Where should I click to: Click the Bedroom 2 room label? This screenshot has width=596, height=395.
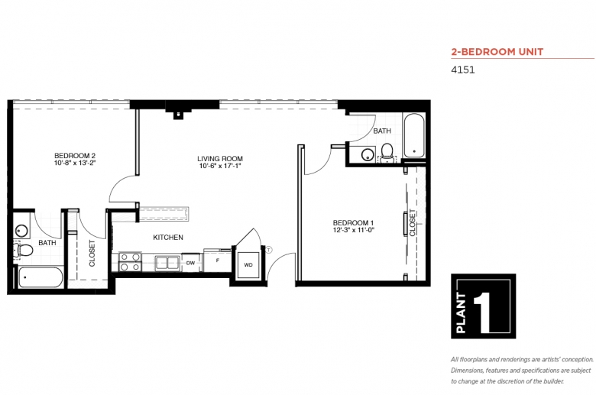(x=75, y=156)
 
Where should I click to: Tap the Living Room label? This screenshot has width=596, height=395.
(x=220, y=158)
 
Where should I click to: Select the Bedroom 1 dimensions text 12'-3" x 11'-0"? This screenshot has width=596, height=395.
(x=354, y=230)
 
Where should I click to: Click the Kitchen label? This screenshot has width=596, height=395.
(x=168, y=237)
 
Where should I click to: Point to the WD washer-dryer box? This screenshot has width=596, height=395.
(x=248, y=264)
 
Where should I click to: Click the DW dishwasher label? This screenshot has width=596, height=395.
(x=190, y=263)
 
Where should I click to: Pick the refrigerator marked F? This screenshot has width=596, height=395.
(x=218, y=261)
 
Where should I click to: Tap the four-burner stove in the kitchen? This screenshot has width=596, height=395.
(x=130, y=262)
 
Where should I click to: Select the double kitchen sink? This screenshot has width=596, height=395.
(x=167, y=263)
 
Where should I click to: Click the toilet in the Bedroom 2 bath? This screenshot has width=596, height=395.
(x=23, y=250)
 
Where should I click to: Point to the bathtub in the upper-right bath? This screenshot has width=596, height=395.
(x=413, y=135)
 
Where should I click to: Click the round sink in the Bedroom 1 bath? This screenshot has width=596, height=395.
(x=368, y=155)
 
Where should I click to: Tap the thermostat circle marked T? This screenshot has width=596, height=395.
(x=269, y=250)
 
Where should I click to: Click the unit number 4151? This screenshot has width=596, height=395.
(x=462, y=70)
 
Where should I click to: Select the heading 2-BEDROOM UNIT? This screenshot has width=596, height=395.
(x=497, y=52)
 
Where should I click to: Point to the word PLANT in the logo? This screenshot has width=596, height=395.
(x=461, y=313)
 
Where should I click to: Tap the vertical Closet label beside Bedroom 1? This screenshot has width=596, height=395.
(x=413, y=223)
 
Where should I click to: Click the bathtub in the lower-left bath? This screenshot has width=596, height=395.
(x=40, y=277)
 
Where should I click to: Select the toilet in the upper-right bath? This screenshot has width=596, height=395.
(x=387, y=152)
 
